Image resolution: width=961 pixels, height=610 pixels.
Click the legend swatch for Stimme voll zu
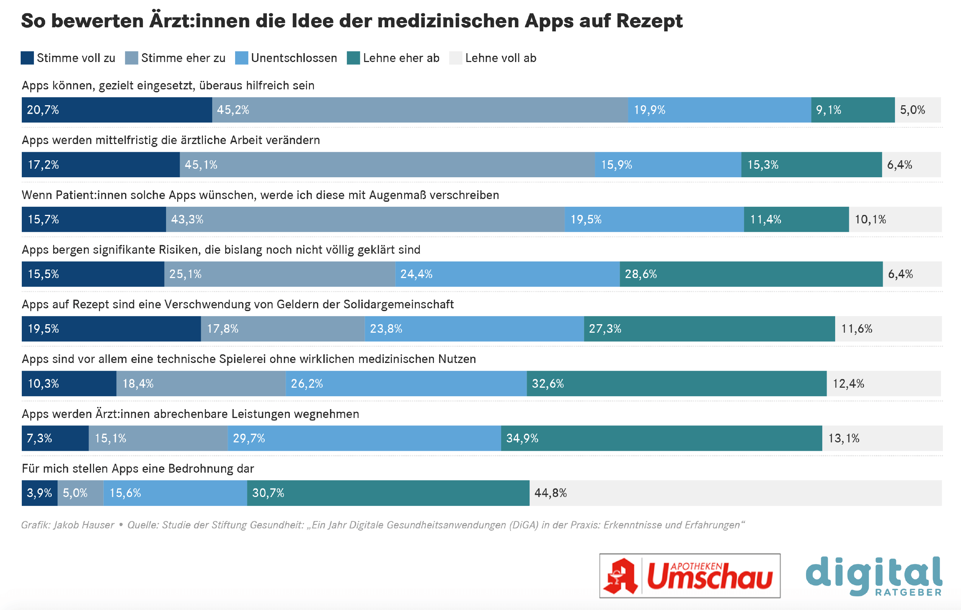pos(27,58)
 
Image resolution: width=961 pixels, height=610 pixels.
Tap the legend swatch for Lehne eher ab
pos(353,58)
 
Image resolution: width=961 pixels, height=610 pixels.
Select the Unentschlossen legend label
pos(294,58)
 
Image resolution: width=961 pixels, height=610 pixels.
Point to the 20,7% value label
pos(43,110)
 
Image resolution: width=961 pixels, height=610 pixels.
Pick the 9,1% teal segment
pos(852,110)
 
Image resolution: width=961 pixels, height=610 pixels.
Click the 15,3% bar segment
pos(811,164)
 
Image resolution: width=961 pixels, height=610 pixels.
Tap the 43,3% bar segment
pos(365,219)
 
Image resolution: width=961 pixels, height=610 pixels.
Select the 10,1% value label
pos(870,219)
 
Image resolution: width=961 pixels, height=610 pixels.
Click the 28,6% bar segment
pos(751,274)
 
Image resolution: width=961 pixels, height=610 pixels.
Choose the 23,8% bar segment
pos(474,329)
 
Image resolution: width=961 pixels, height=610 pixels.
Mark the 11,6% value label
pos(857,329)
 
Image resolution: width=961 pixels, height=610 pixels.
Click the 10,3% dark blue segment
pos(69,383)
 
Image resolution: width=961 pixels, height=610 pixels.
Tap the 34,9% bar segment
pos(661,438)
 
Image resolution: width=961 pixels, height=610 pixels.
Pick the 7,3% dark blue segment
pos(55,438)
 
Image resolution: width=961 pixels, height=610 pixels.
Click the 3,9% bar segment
pos(39,493)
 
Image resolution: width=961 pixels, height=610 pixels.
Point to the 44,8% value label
pos(550,493)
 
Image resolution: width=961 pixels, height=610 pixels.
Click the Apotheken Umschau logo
pos(690,575)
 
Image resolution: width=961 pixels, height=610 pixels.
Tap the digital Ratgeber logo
pos(874,575)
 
